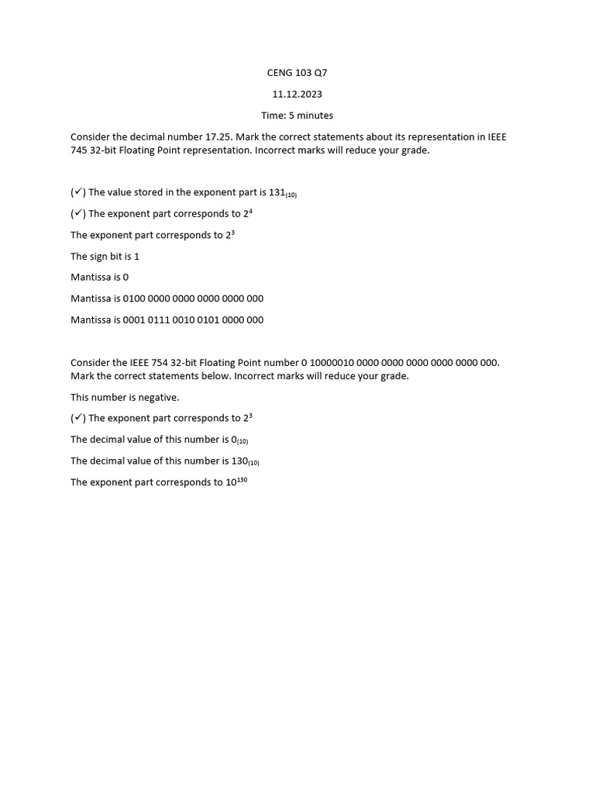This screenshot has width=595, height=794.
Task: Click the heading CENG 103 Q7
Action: click(x=297, y=73)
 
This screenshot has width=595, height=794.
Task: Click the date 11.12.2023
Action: click(x=297, y=95)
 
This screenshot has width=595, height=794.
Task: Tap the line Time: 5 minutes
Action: click(x=297, y=116)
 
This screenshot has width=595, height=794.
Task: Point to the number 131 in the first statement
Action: click(x=277, y=192)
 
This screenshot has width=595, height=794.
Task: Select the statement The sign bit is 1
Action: click(x=105, y=256)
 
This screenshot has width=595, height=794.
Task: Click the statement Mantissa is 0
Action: click(x=99, y=278)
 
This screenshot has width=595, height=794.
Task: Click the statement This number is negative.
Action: click(x=125, y=397)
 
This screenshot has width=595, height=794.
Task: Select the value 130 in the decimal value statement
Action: click(x=239, y=461)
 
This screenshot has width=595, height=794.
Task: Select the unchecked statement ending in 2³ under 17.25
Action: click(x=152, y=235)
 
